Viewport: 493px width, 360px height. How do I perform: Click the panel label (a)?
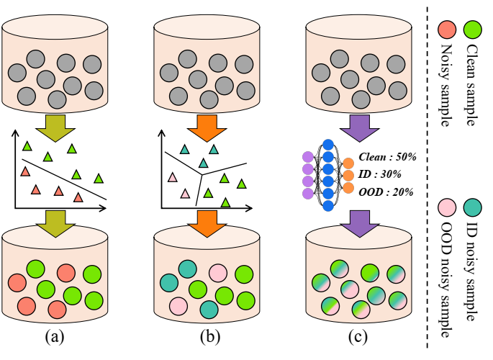pyautogui.click(x=55, y=336)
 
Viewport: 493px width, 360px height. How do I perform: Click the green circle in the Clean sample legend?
pyautogui.click(x=473, y=30)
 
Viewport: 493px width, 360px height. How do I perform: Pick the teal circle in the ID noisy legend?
pyautogui.click(x=473, y=210)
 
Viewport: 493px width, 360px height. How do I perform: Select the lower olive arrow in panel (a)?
pyautogui.click(x=55, y=221)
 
